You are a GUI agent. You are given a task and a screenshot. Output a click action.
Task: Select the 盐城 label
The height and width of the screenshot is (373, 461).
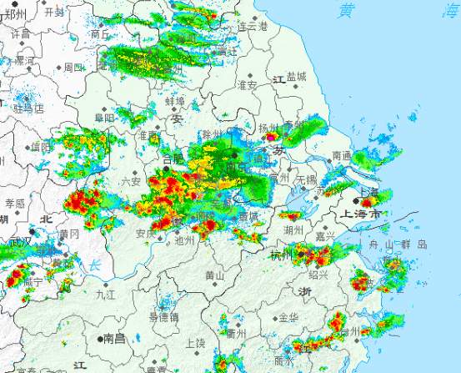point(296,77)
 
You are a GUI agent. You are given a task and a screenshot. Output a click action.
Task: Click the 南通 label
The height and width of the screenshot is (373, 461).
point(342,156)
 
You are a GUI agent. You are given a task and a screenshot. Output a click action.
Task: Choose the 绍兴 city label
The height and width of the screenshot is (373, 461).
point(318,274)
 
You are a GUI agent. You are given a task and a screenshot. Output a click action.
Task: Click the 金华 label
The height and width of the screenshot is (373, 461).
point(288,318)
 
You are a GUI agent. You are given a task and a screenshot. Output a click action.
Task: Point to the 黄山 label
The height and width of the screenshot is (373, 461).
point(214,275)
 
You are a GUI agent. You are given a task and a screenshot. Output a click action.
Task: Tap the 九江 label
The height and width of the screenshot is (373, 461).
point(106,294)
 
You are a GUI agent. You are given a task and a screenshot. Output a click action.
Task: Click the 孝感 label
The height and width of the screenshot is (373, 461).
point(15,203)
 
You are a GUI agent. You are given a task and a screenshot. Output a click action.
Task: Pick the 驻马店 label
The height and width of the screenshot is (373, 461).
point(28,108)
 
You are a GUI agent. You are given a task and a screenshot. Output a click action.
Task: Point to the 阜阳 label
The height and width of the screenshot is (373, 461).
point(104,118)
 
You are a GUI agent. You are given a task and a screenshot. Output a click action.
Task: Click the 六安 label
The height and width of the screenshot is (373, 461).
point(131,181)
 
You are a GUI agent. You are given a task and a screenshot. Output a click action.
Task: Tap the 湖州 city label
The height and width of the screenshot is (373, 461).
point(292,229)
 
